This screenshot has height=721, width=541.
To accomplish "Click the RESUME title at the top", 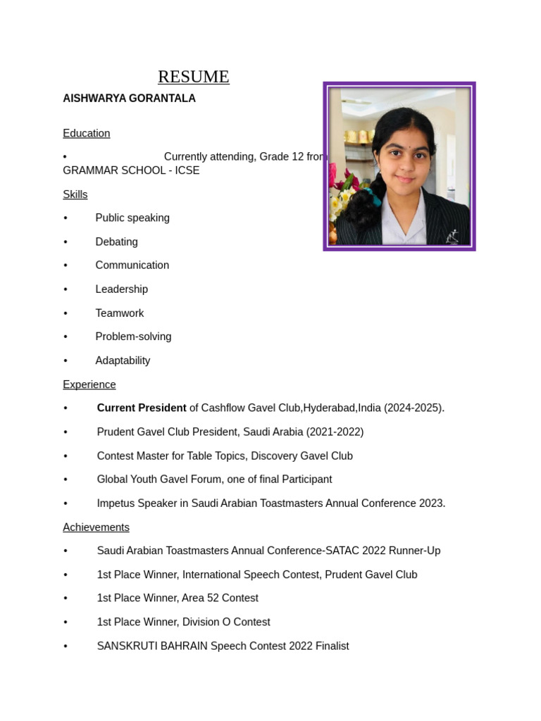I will click(193, 77).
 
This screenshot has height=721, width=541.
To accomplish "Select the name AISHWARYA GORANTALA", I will click(129, 99).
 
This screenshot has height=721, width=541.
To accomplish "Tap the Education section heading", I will click(86, 133).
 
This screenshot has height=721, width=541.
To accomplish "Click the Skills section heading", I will click(75, 194).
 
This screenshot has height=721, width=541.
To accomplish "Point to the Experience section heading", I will click(89, 384).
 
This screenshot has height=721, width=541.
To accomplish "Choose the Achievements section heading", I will click(96, 527).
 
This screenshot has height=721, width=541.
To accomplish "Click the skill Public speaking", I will click(132, 218).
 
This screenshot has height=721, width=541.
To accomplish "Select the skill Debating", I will click(116, 242).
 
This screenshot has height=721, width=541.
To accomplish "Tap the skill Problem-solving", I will click(133, 337).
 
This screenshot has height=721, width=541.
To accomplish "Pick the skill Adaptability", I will click(123, 360).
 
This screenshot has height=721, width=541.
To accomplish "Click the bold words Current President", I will click(142, 408).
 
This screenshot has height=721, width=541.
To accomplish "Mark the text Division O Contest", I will click(225, 622).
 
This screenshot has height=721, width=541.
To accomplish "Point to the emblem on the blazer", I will click(452, 237).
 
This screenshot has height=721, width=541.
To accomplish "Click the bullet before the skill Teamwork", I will click(66, 313).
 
